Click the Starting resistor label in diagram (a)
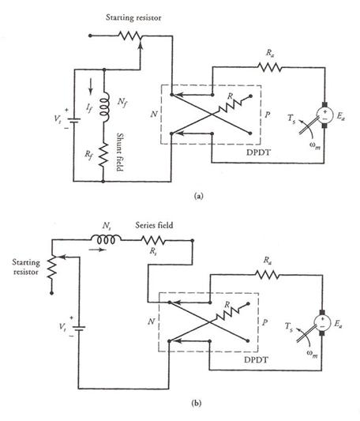[133, 17]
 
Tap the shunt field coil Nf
[104, 107]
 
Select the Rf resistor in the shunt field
[103, 154]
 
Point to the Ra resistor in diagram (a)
[269, 67]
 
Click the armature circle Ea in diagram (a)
[324, 115]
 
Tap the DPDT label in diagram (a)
[258, 152]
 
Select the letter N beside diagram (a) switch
[154, 114]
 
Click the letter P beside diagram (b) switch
[264, 322]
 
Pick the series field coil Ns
[106, 239]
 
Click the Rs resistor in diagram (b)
[153, 240]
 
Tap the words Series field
[154, 225]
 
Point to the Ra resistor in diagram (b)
[267, 275]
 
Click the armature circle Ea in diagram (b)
[322, 323]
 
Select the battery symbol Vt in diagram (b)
[79, 328]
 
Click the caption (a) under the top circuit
[199, 196]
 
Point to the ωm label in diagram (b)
[313, 354]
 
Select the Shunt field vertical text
[120, 152]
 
